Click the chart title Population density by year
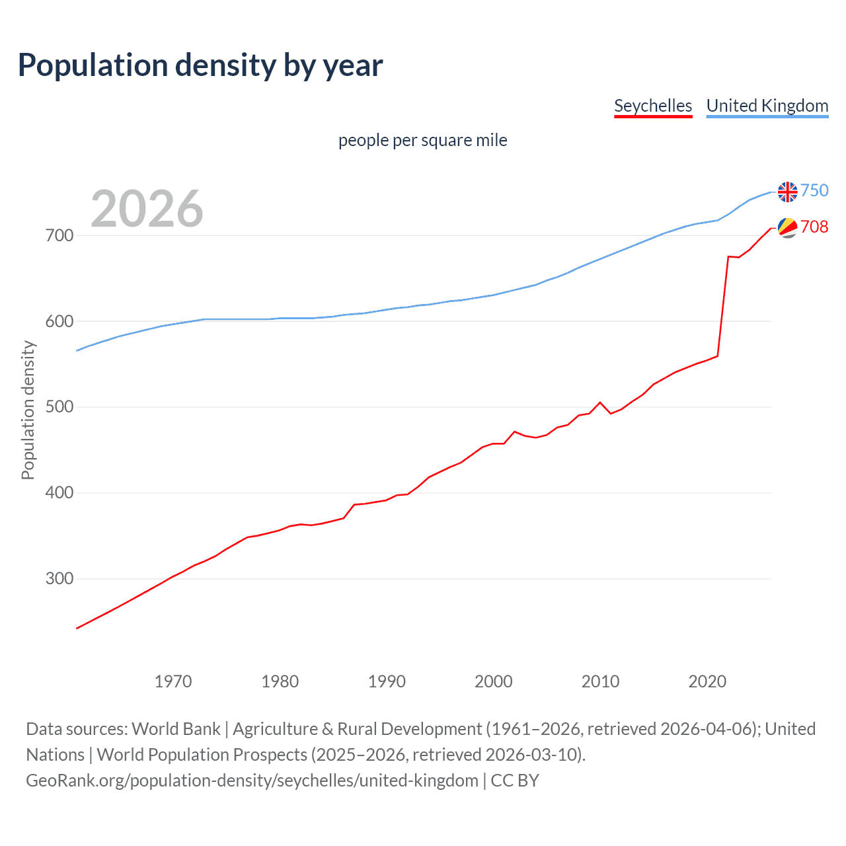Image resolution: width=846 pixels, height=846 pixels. click(200, 65)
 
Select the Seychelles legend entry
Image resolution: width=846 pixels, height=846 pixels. click(653, 106)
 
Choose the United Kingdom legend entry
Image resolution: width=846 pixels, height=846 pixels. click(767, 106)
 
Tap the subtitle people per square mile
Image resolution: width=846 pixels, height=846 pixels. click(422, 140)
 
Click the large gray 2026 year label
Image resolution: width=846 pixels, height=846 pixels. click(147, 209)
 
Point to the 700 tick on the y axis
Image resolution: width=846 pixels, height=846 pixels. click(59, 235)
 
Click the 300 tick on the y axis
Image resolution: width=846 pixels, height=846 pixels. click(59, 579)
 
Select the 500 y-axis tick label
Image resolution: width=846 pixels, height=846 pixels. click(59, 407)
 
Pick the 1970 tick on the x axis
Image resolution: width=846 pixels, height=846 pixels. click(173, 681)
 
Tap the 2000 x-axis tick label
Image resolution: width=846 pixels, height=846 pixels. click(494, 681)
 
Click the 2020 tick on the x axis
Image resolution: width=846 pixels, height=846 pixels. click(707, 681)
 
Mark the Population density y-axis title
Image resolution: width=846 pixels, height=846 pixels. click(28, 410)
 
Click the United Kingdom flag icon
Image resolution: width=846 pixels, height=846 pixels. click(787, 192)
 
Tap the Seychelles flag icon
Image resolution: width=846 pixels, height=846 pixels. click(787, 227)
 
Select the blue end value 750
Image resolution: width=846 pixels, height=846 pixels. click(814, 191)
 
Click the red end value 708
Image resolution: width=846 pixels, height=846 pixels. click(814, 227)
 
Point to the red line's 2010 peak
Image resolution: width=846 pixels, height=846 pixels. click(600, 402)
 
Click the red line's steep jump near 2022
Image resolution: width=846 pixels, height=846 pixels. click(723, 304)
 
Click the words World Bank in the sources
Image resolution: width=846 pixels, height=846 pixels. click(176, 729)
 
